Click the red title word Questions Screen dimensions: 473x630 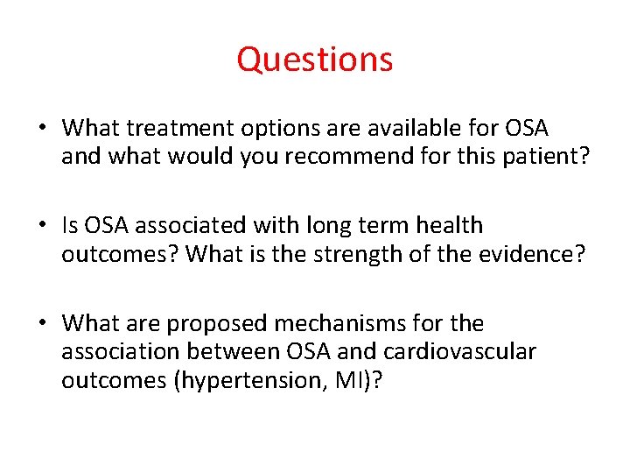pyautogui.click(x=314, y=60)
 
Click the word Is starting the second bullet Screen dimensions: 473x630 pyautogui.click(x=71, y=226)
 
